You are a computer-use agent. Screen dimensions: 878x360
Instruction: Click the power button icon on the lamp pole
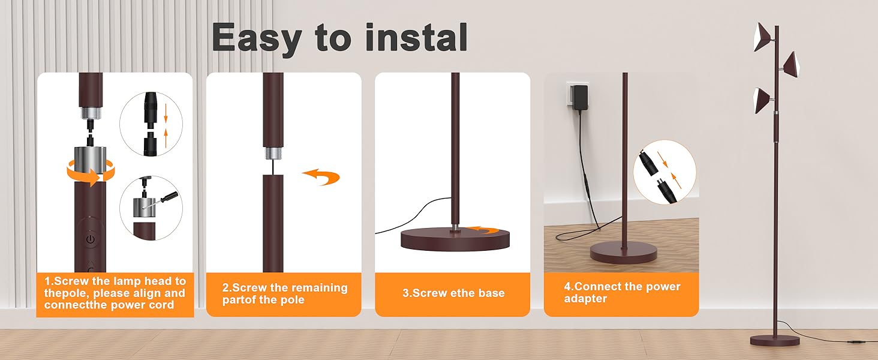[x=91, y=239]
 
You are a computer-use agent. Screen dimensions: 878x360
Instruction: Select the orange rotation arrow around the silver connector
[x=91, y=173]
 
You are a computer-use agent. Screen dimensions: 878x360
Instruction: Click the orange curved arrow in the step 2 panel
[x=321, y=178]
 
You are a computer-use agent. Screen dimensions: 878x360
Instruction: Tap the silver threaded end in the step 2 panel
[x=273, y=152]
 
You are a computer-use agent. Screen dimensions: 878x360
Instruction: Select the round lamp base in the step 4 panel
[x=624, y=253]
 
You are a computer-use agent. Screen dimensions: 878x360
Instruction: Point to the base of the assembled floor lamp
[x=775, y=340]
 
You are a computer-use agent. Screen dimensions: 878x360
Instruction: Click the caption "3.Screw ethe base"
[x=453, y=293]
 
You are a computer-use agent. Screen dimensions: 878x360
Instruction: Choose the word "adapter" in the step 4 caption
[x=585, y=298]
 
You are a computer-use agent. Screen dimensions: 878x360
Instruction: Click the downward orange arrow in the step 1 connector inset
[x=166, y=113]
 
